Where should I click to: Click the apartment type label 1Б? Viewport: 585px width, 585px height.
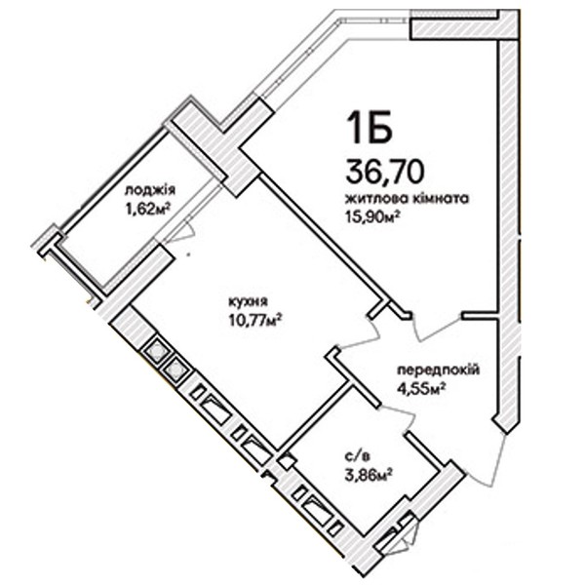point(370,127)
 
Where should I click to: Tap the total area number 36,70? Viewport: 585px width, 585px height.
point(385,171)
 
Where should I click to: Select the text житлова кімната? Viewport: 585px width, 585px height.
point(407,198)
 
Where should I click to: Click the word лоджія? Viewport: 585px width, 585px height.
point(149,191)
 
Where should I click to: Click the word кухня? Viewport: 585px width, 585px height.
point(249,300)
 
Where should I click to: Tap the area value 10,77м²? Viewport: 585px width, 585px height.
point(254,319)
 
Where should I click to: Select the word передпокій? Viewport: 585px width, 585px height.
point(439,370)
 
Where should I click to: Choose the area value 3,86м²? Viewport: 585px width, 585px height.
point(368,475)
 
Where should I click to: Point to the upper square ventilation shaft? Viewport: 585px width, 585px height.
point(156,350)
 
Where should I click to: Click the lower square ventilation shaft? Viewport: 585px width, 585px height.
point(175,370)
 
